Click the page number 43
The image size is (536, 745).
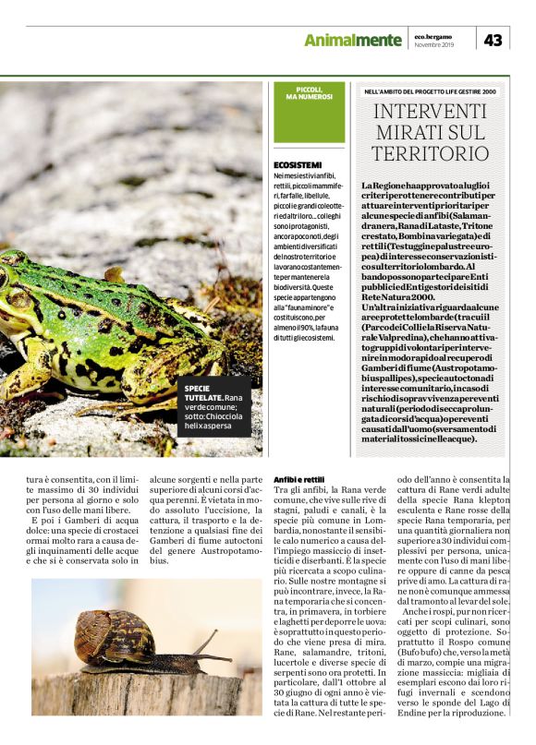(x=493, y=40)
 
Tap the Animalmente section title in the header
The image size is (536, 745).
(x=353, y=40)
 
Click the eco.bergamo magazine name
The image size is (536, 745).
(x=432, y=35)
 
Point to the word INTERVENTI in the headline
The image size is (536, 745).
(x=430, y=114)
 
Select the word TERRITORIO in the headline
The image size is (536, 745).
(x=430, y=152)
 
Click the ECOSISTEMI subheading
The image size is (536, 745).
(x=297, y=164)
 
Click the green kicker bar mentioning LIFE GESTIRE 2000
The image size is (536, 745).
(x=431, y=92)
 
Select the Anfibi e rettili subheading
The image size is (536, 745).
(x=299, y=480)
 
